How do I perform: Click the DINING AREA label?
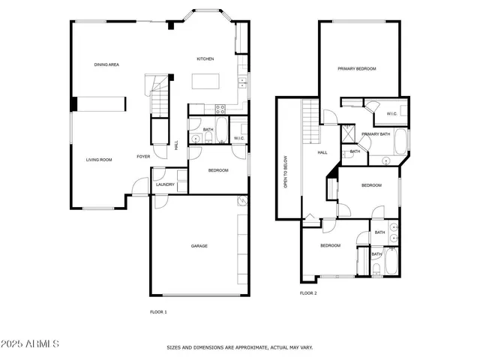(107, 64)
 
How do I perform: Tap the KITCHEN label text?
(205, 58)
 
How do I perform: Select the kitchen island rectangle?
(205, 81)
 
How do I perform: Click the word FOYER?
(142, 157)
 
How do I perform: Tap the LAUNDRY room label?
(165, 184)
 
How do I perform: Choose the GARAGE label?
(199, 246)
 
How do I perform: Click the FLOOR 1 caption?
(158, 312)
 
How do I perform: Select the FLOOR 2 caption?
(308, 293)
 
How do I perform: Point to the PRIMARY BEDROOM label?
(356, 69)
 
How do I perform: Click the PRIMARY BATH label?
(374, 134)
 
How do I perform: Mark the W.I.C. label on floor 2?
(391, 114)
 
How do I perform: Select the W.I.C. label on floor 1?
(238, 138)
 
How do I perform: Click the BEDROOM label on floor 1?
(217, 171)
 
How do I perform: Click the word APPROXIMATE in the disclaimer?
(244, 348)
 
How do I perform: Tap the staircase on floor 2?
(311, 122)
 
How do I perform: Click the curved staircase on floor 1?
(159, 95)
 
